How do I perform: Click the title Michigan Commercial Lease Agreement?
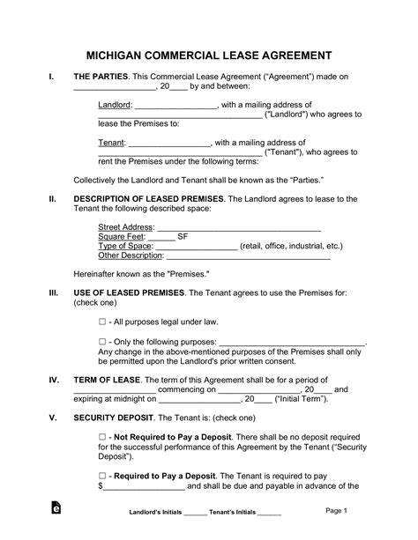tap(209, 51)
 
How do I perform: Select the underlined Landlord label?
tap(115, 105)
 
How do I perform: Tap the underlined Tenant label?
tap(112, 141)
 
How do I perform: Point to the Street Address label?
tap(125, 227)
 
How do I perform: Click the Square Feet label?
tap(121, 237)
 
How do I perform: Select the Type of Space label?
tap(125, 247)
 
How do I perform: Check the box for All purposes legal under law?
tap(102, 322)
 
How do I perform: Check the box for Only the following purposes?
tap(102, 342)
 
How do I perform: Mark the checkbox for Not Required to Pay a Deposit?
tap(102, 438)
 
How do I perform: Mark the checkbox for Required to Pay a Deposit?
tap(102, 475)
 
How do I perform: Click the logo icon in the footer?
tap(57, 511)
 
